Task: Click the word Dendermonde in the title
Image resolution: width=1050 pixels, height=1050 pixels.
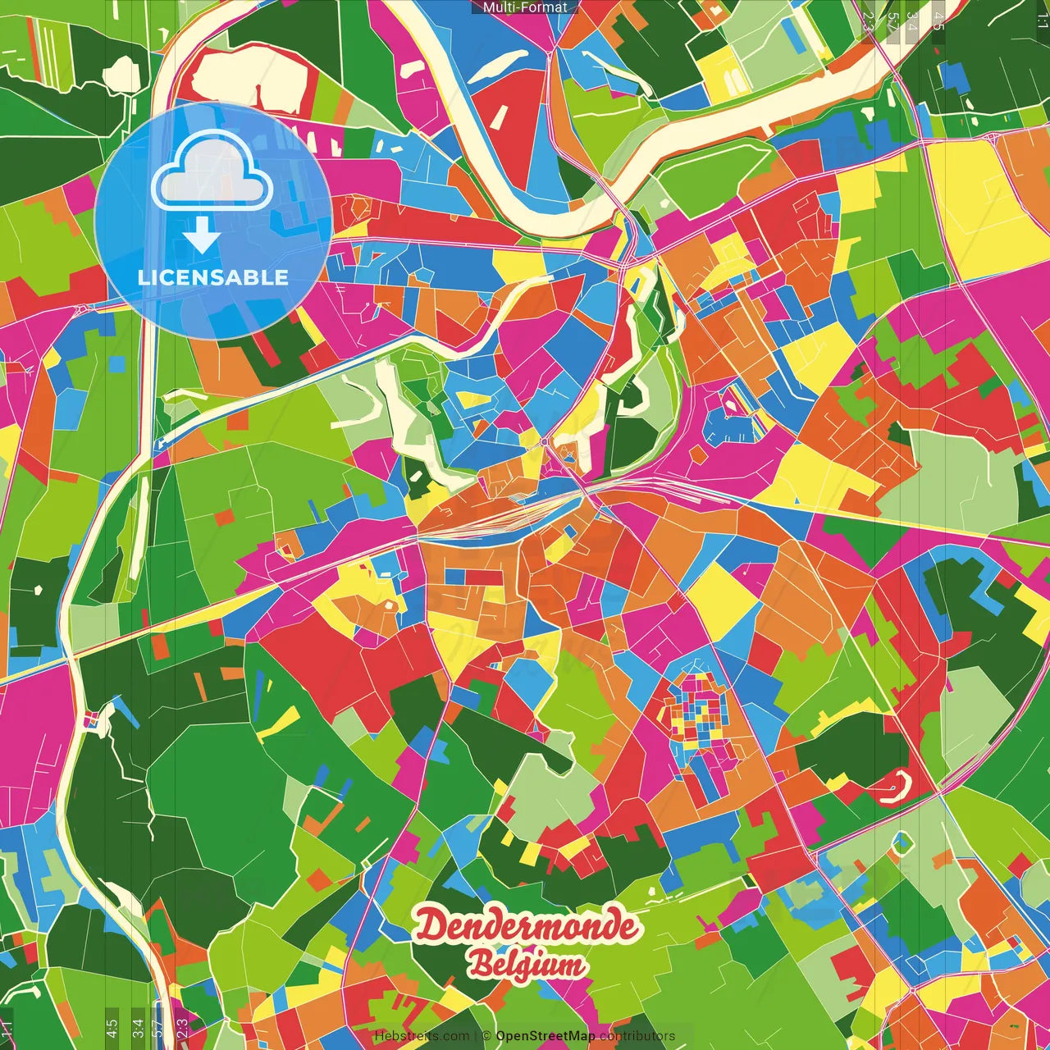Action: [x=526, y=926]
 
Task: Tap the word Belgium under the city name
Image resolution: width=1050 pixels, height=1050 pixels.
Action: [x=527, y=965]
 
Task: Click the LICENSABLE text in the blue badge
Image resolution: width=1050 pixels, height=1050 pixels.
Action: [x=213, y=277]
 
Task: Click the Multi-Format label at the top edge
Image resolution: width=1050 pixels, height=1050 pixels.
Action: [x=525, y=7]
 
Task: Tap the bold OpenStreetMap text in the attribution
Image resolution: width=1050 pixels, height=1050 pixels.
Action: [x=546, y=1036]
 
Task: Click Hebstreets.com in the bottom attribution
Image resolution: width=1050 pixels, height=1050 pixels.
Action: [x=422, y=1036]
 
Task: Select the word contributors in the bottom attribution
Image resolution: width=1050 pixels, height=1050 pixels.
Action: [x=637, y=1036]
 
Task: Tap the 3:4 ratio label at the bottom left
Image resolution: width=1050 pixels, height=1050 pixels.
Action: [x=138, y=1028]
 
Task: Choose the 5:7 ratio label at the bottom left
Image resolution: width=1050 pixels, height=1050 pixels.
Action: [x=158, y=1028]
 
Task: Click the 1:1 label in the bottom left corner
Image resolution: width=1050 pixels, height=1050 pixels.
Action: [x=7, y=1028]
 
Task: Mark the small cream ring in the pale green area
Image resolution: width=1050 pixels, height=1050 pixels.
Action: [x=902, y=842]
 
